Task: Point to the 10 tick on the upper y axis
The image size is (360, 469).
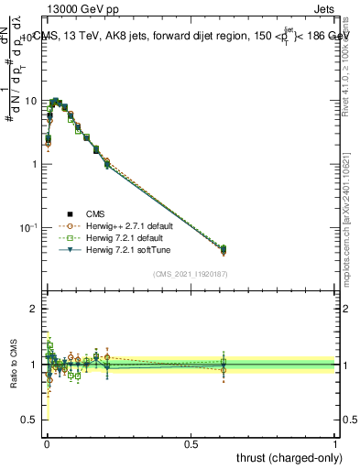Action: coord(32,100)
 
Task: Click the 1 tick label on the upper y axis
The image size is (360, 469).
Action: coord(35,163)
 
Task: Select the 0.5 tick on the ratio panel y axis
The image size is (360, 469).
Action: coord(31,420)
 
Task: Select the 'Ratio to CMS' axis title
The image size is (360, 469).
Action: coord(13,364)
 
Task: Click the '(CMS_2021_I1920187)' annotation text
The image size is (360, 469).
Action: coord(190,273)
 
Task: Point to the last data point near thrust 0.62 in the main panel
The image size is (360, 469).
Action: coord(224,249)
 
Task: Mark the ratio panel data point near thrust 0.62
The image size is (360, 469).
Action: coord(224,364)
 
